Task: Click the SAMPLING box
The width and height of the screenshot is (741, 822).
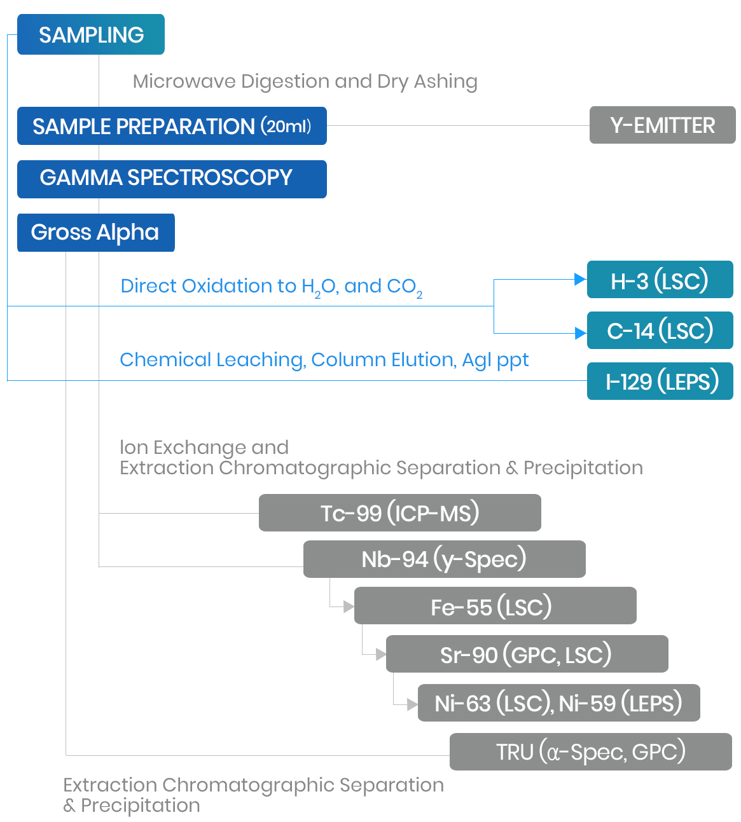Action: (x=91, y=34)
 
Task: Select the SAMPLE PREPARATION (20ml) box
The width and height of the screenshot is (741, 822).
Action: (x=172, y=126)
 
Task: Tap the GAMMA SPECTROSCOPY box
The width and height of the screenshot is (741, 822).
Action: (x=172, y=179)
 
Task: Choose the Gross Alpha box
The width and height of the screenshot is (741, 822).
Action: (x=95, y=233)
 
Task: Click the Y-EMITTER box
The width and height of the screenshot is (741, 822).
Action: (x=662, y=125)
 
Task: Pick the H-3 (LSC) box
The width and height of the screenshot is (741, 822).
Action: (x=660, y=280)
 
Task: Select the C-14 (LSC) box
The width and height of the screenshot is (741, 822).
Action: (x=660, y=331)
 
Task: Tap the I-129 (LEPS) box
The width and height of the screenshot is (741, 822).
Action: (x=660, y=381)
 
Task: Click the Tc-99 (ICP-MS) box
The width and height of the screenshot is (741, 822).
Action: (x=399, y=512)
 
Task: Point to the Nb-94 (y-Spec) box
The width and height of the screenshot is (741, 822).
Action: (x=444, y=559)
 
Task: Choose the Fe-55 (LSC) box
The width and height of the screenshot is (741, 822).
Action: (x=495, y=606)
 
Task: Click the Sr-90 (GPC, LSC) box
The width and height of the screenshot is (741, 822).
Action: (x=527, y=654)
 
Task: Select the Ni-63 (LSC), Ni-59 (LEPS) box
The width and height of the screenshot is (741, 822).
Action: (x=558, y=703)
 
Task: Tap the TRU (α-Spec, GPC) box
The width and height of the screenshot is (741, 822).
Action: (x=590, y=751)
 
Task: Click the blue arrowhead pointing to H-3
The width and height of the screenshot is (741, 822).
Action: (x=579, y=279)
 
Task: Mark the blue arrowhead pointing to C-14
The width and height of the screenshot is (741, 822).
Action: (x=579, y=333)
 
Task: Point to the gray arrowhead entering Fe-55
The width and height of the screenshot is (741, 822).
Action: (x=348, y=606)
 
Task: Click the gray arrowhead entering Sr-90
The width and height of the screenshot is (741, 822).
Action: (x=380, y=655)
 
